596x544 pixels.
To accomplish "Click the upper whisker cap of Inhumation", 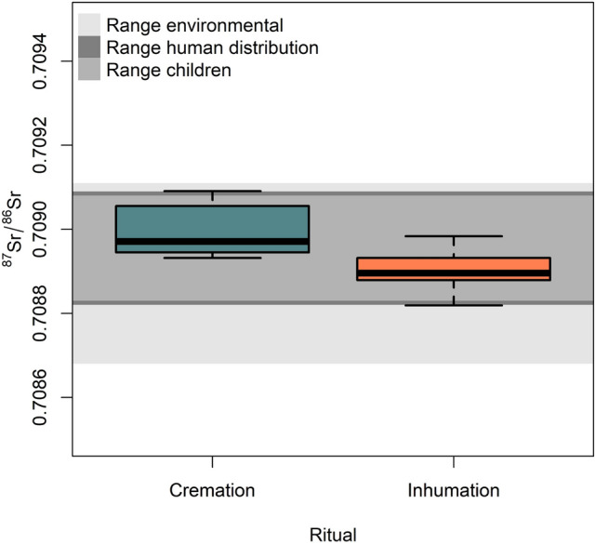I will coord(453,236).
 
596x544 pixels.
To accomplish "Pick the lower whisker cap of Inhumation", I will coord(453,305).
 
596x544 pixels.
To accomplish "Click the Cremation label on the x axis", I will coord(212,490).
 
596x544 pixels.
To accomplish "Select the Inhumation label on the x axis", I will coord(453,490).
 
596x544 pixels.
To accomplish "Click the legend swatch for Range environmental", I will coord(89,24).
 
